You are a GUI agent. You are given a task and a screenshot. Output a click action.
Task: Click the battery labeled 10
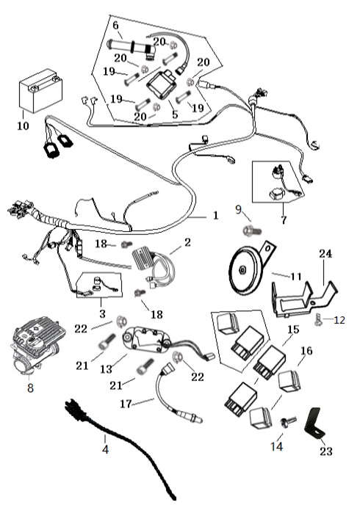[41, 91]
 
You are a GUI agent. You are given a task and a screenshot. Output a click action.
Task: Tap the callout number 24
[325, 253]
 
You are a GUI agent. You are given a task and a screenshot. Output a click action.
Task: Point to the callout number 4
[105, 449]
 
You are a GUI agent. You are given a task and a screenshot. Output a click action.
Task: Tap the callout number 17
[126, 403]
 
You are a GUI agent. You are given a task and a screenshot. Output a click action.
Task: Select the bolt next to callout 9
[252, 230]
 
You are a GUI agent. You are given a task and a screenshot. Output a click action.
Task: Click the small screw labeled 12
[317, 320]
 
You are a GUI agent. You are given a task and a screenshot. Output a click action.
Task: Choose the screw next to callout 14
[289, 421]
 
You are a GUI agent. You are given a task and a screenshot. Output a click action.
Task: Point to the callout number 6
[115, 25]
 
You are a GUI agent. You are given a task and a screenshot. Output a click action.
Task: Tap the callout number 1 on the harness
[215, 215]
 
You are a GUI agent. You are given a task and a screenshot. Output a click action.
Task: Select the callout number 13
[106, 368]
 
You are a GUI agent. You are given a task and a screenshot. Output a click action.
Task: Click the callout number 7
[284, 219]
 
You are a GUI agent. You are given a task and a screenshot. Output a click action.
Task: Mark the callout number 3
[102, 313]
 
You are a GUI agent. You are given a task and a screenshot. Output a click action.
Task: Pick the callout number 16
[306, 350]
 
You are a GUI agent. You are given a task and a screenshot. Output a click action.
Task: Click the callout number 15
[293, 329]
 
